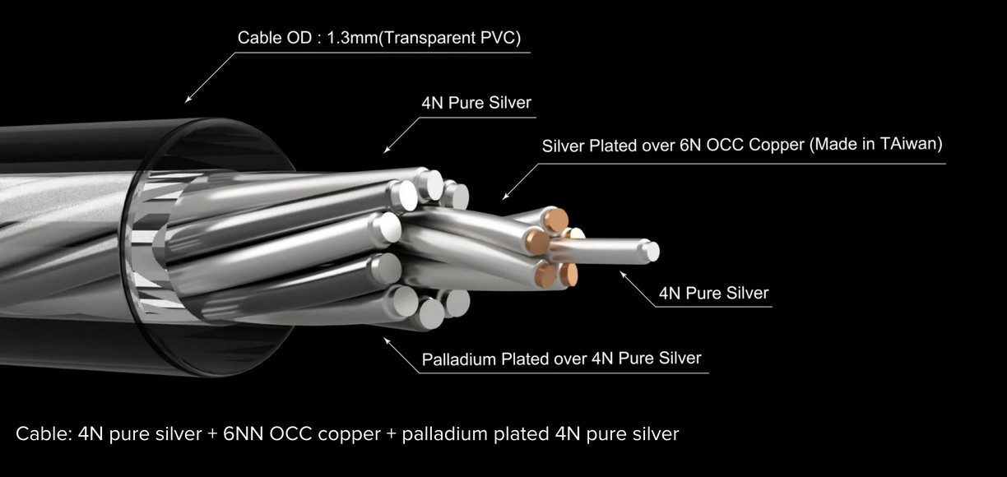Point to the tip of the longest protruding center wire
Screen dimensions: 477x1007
pyautogui.click(x=652, y=251)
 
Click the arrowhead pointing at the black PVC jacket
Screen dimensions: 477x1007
pyautogui.click(x=188, y=100)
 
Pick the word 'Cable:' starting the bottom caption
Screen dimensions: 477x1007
pyautogui.click(x=44, y=433)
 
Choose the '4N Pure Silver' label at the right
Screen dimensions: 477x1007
pyautogui.click(x=714, y=293)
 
